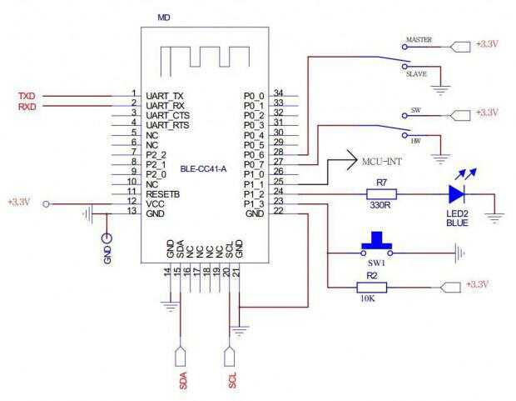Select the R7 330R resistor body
382,194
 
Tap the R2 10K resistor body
371,288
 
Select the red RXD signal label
27,106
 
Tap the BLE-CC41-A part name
203,169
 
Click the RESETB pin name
162,193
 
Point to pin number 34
279,93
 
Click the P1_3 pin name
253,203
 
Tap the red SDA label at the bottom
183,380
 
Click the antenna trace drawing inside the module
205,56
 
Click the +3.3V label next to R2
483,284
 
